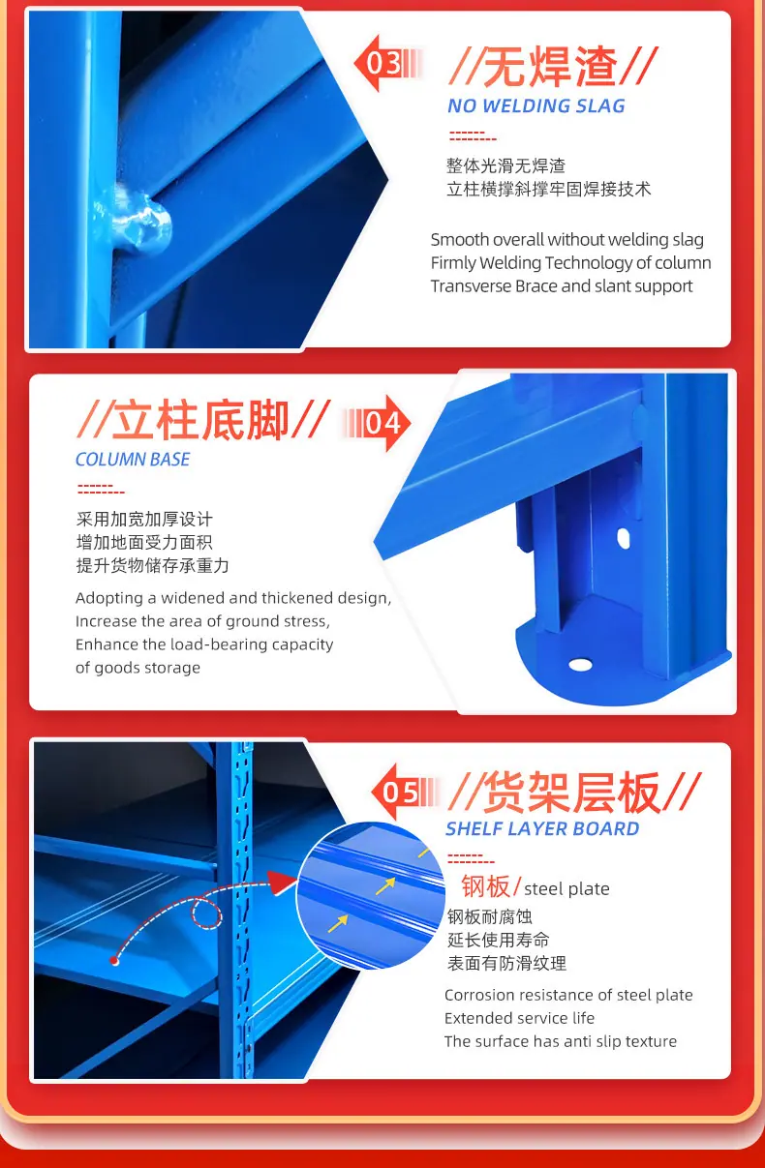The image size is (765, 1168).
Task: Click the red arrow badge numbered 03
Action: point(387,63)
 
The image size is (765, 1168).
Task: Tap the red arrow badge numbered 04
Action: point(376,423)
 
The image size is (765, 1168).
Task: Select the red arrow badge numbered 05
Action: point(404,792)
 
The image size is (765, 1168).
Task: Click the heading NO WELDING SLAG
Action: point(535,105)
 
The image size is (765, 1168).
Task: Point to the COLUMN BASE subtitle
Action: point(133,460)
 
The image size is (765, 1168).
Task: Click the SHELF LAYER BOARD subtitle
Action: point(542,828)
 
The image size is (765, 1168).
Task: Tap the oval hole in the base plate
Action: point(580,665)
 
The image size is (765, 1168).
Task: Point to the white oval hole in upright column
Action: point(623,538)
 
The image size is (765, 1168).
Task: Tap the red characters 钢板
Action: point(485,885)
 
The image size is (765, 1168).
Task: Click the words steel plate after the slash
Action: point(566,888)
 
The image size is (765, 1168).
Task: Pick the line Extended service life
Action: point(519,1018)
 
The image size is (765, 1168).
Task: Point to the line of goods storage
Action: point(138,668)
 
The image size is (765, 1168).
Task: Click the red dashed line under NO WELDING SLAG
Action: point(473,136)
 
